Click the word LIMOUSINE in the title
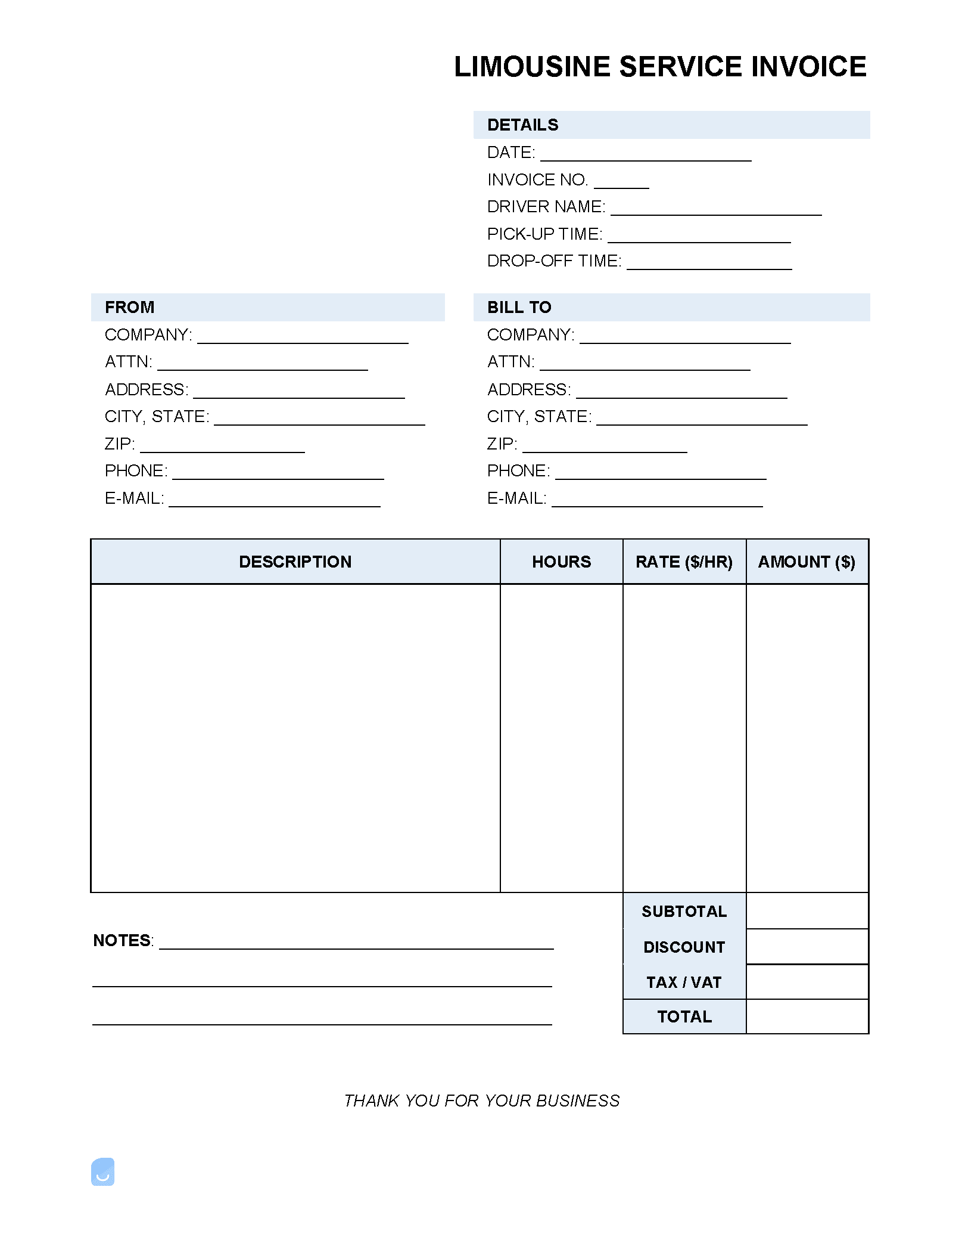point(532,67)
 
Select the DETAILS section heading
point(522,125)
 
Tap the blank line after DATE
point(646,156)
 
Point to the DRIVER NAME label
point(546,207)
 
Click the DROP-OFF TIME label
point(553,261)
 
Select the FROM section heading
point(129,308)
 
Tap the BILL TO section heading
point(519,308)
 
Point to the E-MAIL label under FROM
point(134,498)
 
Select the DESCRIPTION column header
point(295,562)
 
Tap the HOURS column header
point(561,562)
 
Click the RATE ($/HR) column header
point(684,562)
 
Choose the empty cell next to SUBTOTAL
point(807,911)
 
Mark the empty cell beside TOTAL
point(807,1016)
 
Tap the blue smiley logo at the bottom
point(102,1171)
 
